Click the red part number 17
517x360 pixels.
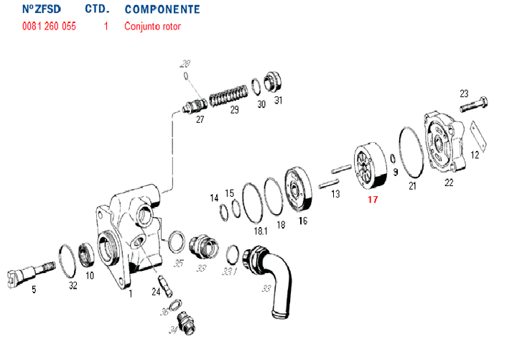(372, 199)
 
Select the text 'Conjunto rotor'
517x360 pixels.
(152, 27)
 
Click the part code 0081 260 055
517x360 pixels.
(49, 27)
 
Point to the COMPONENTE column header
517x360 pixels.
(162, 10)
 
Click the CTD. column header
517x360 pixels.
(97, 10)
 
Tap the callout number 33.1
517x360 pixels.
(229, 273)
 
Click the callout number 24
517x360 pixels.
(156, 291)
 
